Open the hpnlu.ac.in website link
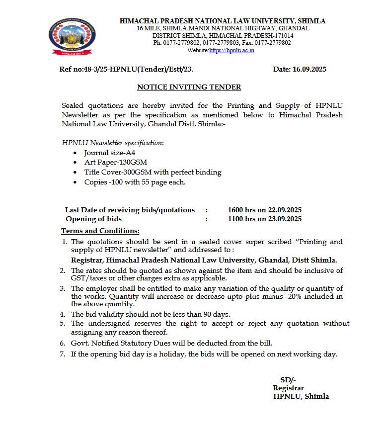[x=231, y=50]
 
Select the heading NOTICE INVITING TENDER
[x=189, y=87]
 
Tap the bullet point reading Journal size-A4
[x=103, y=153]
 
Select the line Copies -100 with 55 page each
[x=135, y=182]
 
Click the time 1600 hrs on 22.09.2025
[x=264, y=210]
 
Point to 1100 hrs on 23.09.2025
[x=264, y=219]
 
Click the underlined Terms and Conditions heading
[x=100, y=231]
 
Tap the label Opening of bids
[x=93, y=219]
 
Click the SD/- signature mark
[x=288, y=379]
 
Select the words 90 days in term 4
[x=216, y=314]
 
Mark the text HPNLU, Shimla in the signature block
[x=301, y=396]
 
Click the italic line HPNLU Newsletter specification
[x=113, y=142]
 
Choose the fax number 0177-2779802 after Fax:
[x=271, y=43]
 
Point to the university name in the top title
[x=223, y=21]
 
